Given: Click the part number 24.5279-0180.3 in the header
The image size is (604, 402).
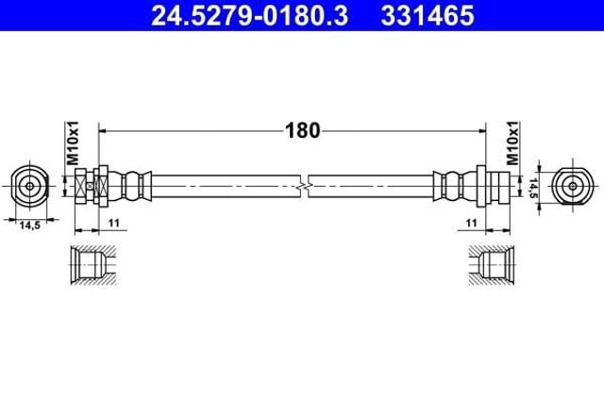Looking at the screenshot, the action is (249, 16).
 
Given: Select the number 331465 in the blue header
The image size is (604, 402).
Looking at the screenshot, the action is (428, 16).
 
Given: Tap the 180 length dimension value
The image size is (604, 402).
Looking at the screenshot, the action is (302, 130).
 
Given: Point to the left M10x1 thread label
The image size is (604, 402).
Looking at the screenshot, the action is (73, 142).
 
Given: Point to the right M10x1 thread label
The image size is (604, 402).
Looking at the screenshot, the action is (512, 142).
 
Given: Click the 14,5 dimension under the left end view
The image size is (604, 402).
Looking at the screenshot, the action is (29, 226).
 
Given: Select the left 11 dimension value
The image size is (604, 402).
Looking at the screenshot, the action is (114, 223).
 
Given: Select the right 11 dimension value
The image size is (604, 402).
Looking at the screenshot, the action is (471, 223).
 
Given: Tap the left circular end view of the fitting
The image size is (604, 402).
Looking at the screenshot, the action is (29, 186).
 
